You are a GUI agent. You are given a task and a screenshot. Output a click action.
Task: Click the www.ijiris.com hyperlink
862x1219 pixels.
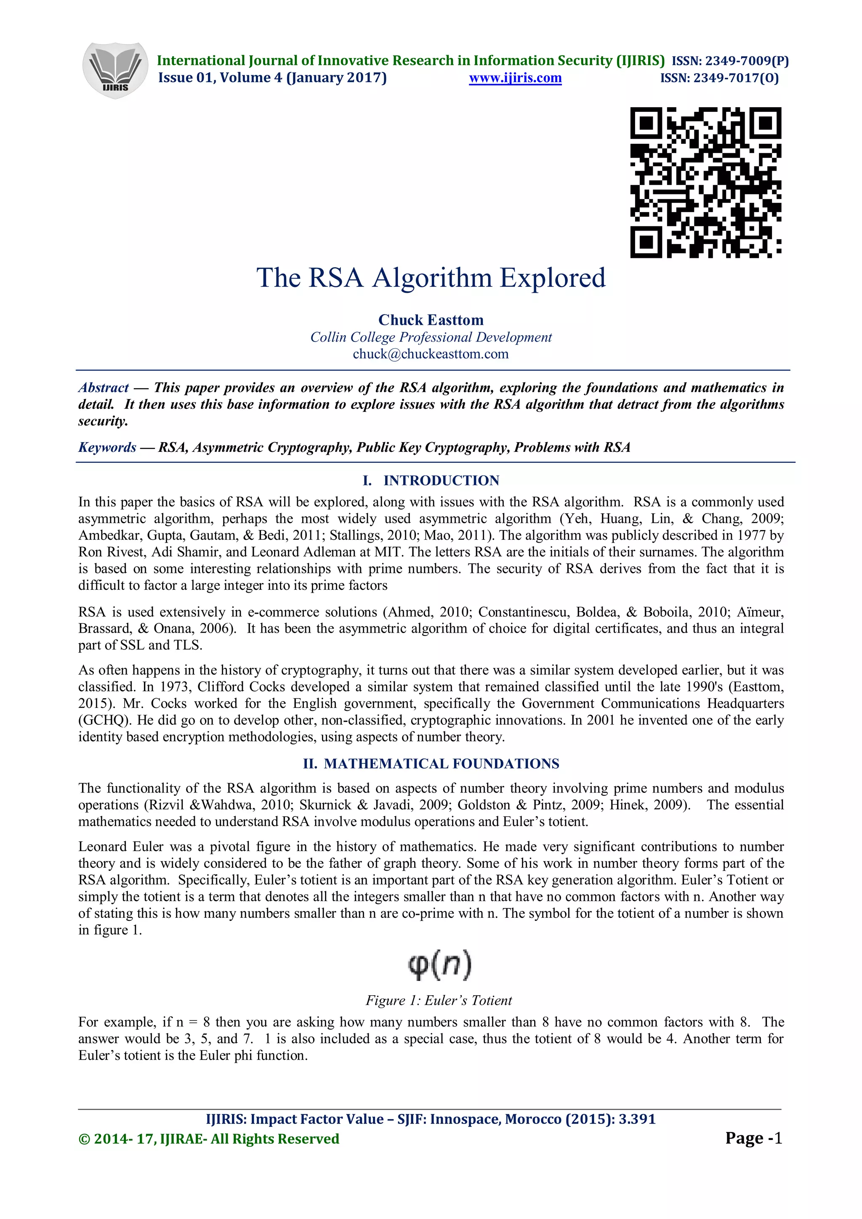pos(515,78)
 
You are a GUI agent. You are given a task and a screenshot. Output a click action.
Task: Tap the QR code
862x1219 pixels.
pos(705,182)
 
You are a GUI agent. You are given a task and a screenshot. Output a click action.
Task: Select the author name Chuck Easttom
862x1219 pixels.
pos(431,320)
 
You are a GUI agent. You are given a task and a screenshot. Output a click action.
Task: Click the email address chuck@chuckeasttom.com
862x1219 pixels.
pos(431,354)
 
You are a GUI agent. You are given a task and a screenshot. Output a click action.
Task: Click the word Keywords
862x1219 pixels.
pos(107,447)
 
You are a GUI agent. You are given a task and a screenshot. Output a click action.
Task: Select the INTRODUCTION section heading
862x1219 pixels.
pos(441,480)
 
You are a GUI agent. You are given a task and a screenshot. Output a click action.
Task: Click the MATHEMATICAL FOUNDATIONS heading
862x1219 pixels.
pos(441,763)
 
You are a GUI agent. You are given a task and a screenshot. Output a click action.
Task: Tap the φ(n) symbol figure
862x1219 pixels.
pos(440,966)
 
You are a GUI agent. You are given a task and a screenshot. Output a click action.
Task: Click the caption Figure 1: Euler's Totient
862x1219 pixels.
pos(439,1000)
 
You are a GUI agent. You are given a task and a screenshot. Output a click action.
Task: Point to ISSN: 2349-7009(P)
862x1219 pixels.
pos(730,61)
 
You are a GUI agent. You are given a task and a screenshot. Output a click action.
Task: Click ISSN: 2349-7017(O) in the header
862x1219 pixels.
pos(719,79)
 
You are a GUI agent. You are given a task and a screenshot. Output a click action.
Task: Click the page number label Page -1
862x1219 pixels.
pos(753,1138)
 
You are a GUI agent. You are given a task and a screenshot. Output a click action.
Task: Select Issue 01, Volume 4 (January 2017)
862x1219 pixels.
pos(272,78)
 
